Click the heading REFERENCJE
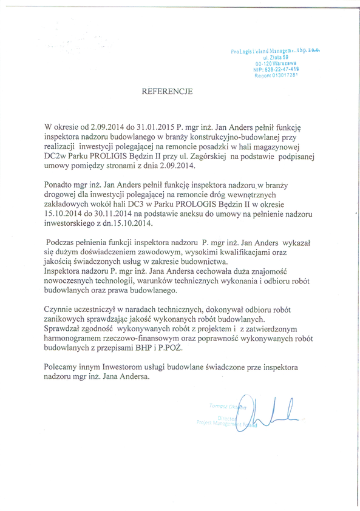coord(167,92)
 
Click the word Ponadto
coord(63,183)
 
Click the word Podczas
coord(64,242)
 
